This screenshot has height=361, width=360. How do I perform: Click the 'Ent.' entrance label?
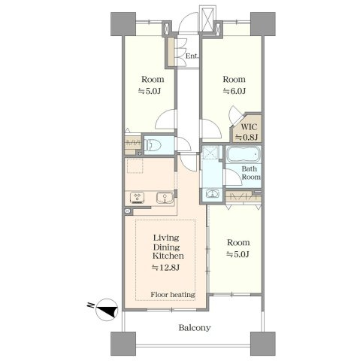192,56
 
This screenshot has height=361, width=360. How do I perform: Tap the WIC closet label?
249,127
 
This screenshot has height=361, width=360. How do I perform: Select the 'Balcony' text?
195,328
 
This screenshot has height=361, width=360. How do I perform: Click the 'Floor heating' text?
173,294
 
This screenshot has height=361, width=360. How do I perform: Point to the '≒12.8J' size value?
165,268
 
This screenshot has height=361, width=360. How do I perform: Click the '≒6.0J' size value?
234,91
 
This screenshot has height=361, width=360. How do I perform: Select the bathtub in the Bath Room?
244,154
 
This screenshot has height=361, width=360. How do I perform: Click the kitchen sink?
165,198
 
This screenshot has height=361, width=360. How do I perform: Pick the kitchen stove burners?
137,198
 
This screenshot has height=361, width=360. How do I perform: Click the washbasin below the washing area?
212,193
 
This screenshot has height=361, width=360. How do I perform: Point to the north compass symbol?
107,310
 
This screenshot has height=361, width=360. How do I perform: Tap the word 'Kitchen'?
168,256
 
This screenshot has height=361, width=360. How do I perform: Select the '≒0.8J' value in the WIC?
246,138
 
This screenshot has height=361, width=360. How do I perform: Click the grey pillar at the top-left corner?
123,24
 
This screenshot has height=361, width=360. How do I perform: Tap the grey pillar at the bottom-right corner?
263,344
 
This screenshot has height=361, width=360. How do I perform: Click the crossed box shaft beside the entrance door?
207,18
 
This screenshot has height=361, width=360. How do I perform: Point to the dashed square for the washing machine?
210,153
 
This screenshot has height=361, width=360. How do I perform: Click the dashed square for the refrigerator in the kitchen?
135,165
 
